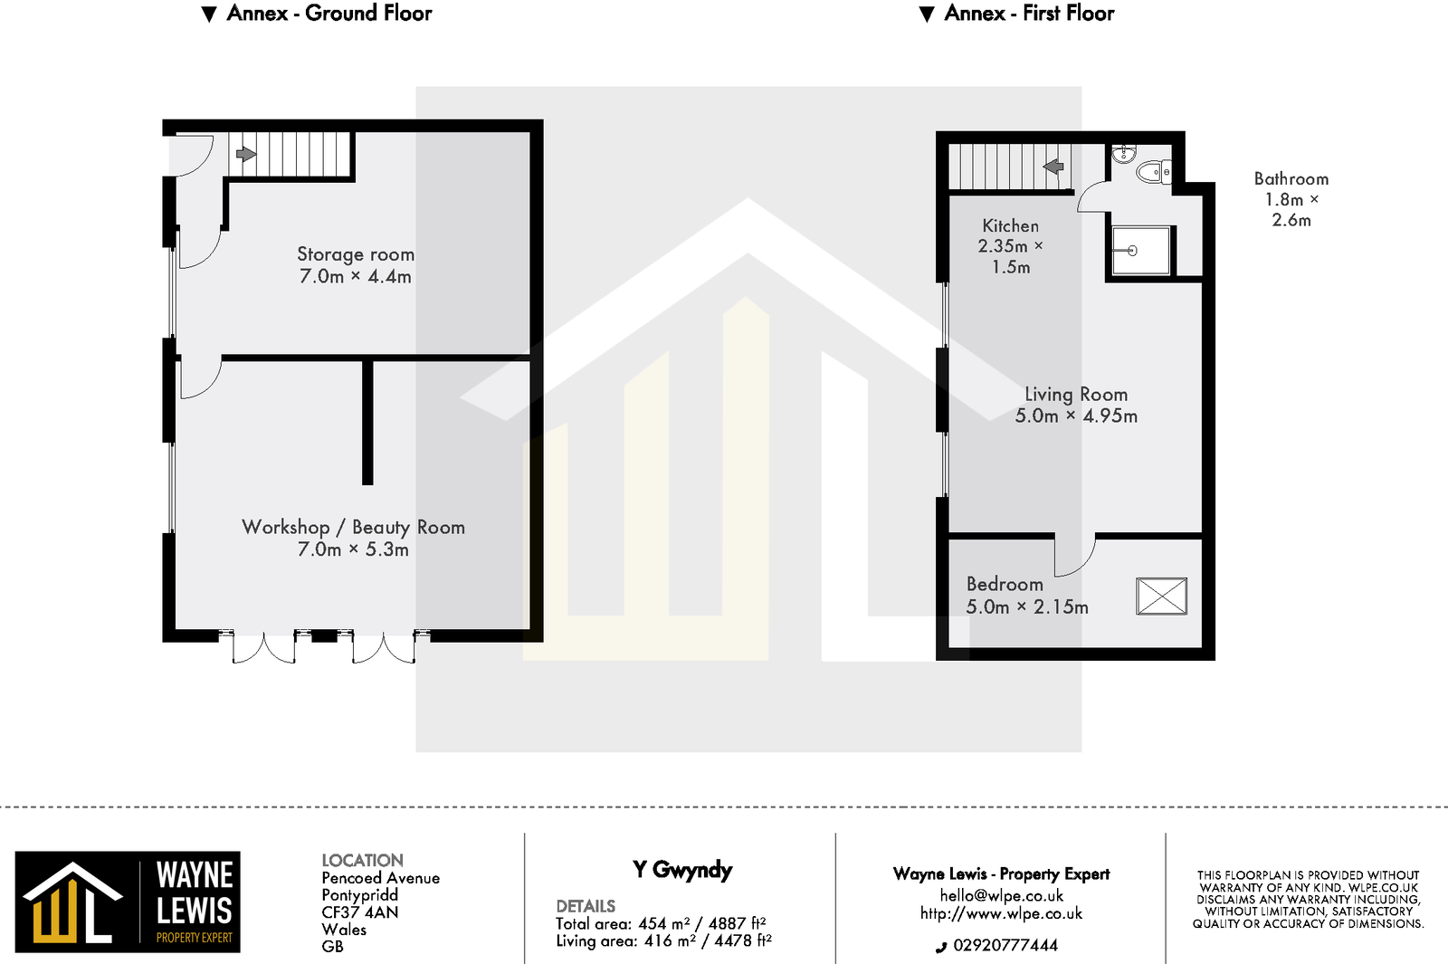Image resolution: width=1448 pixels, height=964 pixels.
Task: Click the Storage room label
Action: click(356, 254)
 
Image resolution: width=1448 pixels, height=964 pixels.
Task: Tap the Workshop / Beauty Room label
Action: click(353, 527)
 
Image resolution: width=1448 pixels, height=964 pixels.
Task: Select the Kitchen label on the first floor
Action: click(1010, 225)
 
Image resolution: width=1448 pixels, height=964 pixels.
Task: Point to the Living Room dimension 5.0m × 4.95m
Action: click(1076, 416)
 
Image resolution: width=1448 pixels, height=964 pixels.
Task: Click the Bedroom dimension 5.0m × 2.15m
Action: click(1027, 607)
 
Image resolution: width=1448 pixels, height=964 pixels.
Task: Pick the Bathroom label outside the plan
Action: click(1291, 179)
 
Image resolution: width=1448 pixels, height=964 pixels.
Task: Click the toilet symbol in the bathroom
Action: click(1154, 171)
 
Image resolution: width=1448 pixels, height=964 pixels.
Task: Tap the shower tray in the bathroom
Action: click(1139, 251)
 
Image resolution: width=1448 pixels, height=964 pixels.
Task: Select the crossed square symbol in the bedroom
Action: click(1161, 597)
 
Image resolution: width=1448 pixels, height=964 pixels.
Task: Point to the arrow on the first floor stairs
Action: click(1053, 167)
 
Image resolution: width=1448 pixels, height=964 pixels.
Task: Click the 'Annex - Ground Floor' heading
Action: click(329, 14)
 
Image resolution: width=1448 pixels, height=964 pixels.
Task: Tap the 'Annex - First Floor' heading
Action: click(1028, 14)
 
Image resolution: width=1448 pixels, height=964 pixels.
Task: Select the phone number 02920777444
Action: click(1005, 946)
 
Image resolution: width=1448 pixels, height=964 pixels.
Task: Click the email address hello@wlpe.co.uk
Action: click(1001, 896)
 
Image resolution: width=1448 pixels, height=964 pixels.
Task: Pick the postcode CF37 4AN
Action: click(359, 912)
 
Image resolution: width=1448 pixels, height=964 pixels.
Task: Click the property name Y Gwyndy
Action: click(681, 871)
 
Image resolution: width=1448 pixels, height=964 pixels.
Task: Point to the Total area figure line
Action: click(661, 924)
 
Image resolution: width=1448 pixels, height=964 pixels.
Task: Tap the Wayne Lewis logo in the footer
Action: click(128, 902)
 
